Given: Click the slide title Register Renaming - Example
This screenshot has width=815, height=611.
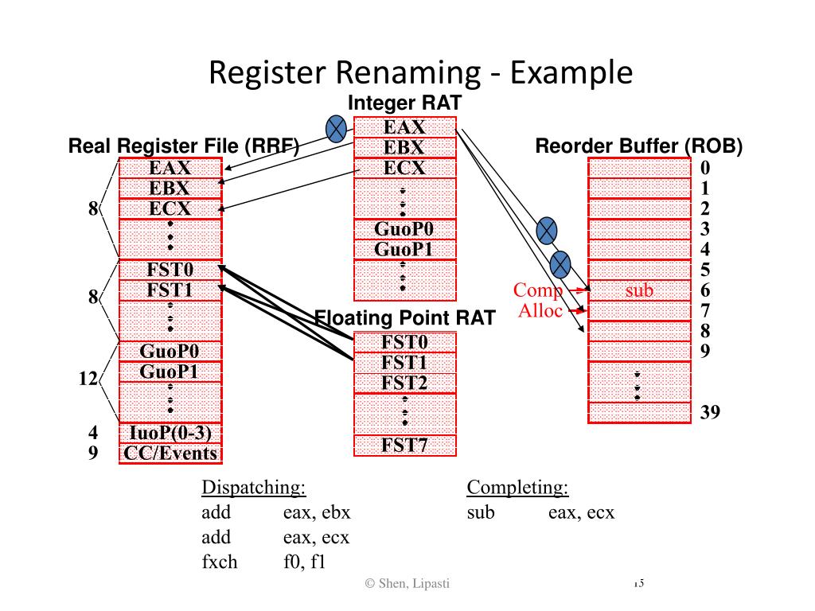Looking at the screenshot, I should (x=420, y=72).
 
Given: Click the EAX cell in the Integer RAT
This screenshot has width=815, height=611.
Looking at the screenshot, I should (x=404, y=127).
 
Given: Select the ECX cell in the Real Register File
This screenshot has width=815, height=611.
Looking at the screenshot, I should (x=170, y=208).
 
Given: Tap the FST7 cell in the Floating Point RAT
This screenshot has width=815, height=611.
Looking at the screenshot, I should (x=404, y=446).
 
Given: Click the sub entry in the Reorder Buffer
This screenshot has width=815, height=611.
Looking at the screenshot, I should (x=639, y=290).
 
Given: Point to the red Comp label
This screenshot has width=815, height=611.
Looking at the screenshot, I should (x=538, y=290).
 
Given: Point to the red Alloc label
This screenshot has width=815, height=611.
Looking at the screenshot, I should (x=540, y=310).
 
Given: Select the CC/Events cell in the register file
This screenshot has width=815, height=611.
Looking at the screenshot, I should (x=170, y=453).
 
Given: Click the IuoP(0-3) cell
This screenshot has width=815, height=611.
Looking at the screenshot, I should (x=170, y=433).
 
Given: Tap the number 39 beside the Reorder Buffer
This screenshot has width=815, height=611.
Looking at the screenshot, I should (x=710, y=412).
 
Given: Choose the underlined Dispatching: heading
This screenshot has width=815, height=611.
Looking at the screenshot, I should (x=254, y=488).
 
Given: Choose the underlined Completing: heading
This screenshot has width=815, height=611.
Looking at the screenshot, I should (x=517, y=488).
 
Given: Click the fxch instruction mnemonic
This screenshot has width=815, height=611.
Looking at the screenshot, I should (x=220, y=562).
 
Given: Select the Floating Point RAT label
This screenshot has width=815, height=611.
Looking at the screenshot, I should (x=405, y=318).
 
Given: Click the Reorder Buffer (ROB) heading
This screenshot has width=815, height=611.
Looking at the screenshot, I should (x=638, y=146).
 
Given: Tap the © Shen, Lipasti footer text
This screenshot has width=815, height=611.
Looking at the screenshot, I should (x=407, y=584).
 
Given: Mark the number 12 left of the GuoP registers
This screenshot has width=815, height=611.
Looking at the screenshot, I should (x=88, y=379).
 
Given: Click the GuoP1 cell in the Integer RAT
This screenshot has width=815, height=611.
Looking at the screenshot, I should (x=404, y=249).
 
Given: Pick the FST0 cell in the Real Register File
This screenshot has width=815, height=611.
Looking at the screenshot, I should (x=170, y=269).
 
